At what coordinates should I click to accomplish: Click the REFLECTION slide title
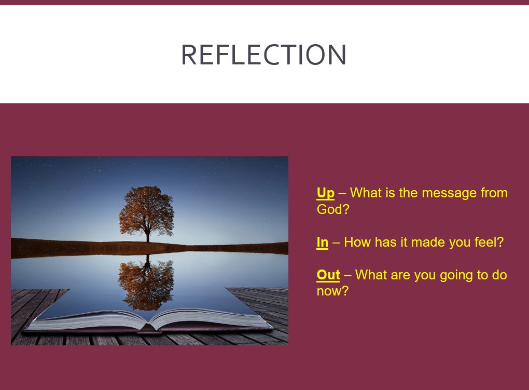pos(264,55)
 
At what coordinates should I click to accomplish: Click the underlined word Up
pos(326,193)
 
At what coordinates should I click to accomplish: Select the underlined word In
pos(323,242)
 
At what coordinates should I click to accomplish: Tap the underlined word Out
pos(328,275)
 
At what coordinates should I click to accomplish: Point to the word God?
pos(333,209)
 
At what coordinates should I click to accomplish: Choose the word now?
pos(332,291)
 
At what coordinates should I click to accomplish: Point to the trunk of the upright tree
pos(147,235)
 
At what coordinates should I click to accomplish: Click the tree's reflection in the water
pos(146,282)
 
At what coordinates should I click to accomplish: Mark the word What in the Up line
pos(366,193)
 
